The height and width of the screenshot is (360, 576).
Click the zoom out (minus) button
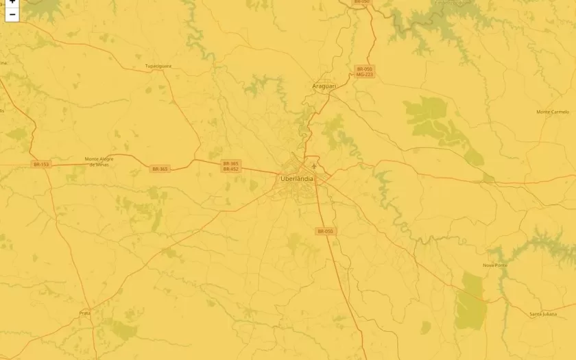point(12,14)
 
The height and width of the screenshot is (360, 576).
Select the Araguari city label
point(324,86)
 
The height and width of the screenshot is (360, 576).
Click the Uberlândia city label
point(297,178)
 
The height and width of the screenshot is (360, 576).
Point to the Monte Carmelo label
point(553,112)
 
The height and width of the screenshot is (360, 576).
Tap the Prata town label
point(85,313)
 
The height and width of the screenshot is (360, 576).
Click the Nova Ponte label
point(494,265)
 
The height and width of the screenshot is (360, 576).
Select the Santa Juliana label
point(543,314)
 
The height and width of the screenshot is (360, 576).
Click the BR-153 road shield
point(41,165)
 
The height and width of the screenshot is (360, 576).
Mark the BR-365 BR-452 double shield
point(230,166)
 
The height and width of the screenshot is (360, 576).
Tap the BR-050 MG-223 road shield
point(364,71)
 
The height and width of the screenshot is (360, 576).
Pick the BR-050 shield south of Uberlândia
point(325,232)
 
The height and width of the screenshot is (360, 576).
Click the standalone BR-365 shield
point(160,169)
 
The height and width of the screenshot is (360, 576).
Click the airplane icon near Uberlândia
point(314,165)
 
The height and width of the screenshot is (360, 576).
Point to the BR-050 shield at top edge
point(361,2)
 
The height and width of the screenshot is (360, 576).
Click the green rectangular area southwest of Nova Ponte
point(471,300)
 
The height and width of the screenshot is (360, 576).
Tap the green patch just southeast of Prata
point(123,329)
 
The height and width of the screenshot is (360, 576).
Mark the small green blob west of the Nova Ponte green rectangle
point(426,327)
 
